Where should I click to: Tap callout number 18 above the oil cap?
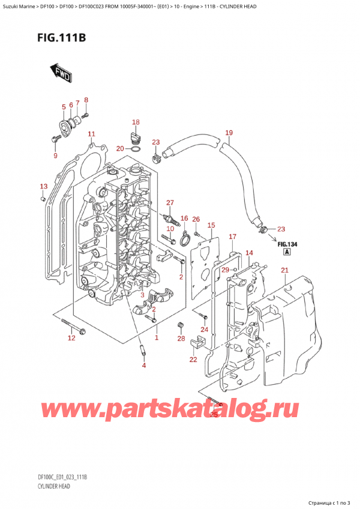(136, 122)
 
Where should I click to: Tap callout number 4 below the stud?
(143, 365)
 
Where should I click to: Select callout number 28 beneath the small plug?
(181, 340)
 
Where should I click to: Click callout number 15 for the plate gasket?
(211, 225)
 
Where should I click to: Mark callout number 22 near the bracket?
(193, 360)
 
